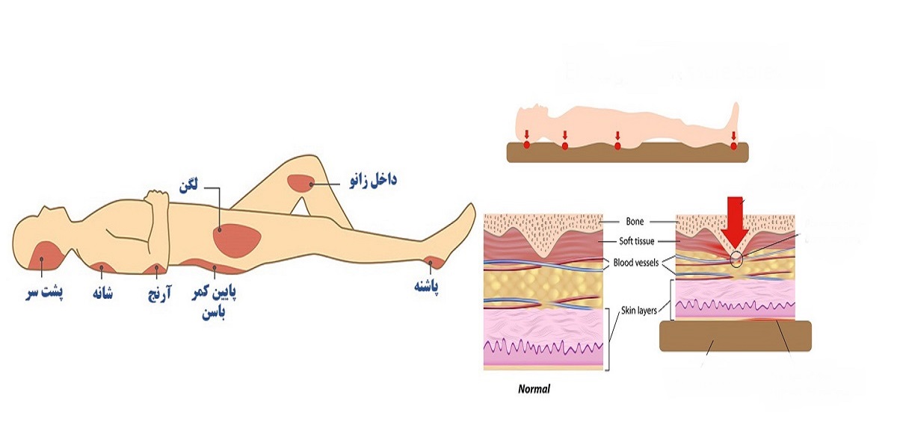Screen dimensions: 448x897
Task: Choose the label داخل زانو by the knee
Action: point(369,180)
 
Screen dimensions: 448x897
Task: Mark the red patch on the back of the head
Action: point(43,255)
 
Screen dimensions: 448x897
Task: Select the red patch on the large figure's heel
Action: point(432,261)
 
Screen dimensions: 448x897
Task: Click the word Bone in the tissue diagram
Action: point(635,221)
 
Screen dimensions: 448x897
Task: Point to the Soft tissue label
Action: point(637,241)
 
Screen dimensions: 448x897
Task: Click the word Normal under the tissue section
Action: point(534,389)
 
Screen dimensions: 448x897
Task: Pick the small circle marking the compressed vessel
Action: point(737,259)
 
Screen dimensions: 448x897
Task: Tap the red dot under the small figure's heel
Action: point(733,145)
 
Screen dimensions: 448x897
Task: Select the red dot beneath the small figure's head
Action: point(526,144)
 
